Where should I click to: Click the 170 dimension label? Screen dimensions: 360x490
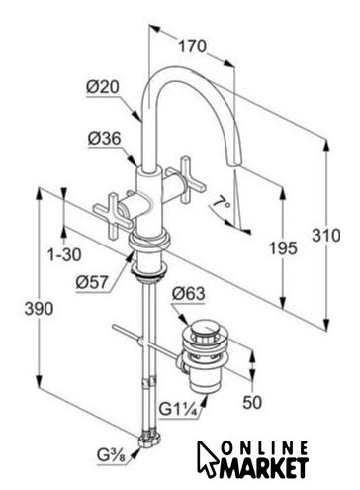point(192,46)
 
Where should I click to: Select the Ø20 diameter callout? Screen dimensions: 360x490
point(103,87)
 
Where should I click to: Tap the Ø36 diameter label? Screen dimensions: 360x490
point(104,139)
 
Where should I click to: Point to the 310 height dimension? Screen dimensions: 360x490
point(326,236)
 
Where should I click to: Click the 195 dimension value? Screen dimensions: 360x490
point(283,247)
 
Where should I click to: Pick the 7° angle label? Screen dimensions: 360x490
point(222,202)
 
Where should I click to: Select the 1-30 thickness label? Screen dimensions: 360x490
point(64,254)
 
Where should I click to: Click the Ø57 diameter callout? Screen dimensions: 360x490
point(92,282)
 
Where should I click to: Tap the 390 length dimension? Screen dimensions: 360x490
point(39,309)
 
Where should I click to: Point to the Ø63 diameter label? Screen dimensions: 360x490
point(189,293)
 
